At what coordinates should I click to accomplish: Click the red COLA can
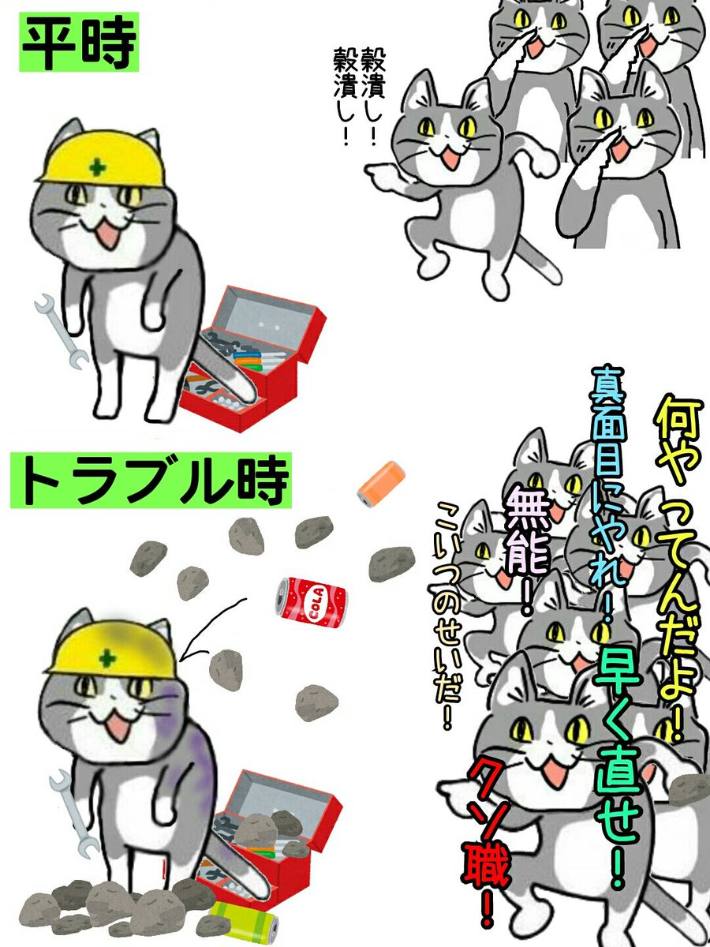pyautogui.click(x=311, y=605)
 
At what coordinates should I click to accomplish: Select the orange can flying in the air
pyautogui.click(x=381, y=482)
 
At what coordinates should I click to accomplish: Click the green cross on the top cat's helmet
pyautogui.click(x=97, y=167)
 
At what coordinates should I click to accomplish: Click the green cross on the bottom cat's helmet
pyautogui.click(x=105, y=657)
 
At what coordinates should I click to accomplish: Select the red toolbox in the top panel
pyautogui.click(x=256, y=355)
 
